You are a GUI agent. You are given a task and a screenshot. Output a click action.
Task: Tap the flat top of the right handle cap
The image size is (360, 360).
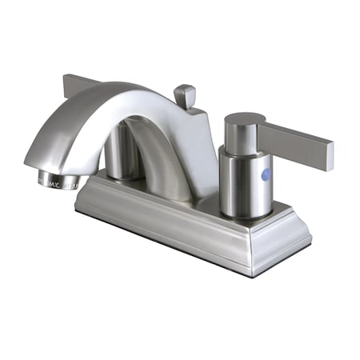point(241,120)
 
